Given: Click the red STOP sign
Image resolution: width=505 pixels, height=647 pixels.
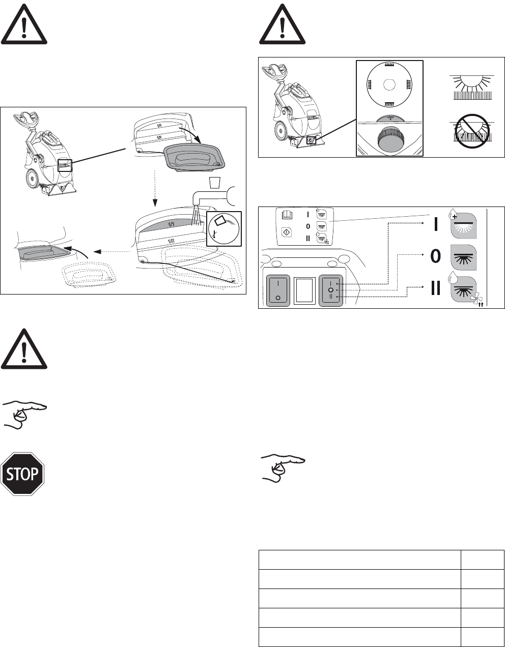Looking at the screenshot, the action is pos(23,474).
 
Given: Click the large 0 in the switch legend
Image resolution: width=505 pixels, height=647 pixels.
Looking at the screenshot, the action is pos(435,257).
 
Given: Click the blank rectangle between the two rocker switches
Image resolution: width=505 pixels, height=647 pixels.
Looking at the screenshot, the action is pos(303,291).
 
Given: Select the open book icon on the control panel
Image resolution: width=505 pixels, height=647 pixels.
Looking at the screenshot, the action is pos(287,215).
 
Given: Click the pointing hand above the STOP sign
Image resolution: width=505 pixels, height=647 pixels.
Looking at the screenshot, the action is pos(24,414).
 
